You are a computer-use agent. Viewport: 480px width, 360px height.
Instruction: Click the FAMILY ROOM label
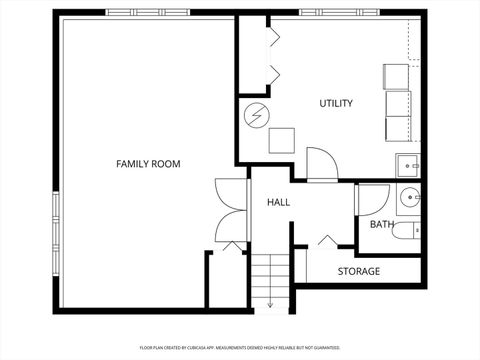[x=148, y=163]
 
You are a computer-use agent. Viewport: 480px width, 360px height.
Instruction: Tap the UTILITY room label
[x=335, y=103]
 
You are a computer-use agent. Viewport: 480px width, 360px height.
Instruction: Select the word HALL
[x=278, y=202]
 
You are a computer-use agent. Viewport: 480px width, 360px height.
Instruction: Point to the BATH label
[x=381, y=224]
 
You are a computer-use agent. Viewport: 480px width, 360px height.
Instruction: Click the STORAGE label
[x=358, y=271]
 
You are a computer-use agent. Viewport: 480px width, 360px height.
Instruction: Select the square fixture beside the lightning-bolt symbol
[x=282, y=139]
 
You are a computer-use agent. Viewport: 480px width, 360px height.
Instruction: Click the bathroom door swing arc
[x=372, y=201]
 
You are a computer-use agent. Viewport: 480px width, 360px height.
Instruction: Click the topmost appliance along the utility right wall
[x=397, y=76]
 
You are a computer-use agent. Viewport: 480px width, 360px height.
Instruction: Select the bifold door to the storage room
[x=327, y=241]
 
